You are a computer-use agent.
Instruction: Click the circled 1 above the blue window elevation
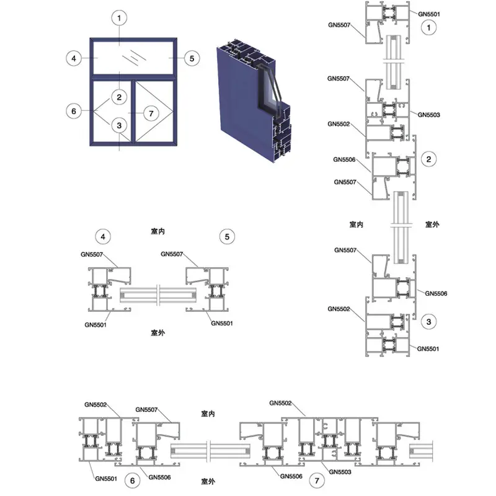pyautogui.click(x=119, y=18)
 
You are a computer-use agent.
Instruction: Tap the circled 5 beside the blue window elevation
pyautogui.click(x=192, y=58)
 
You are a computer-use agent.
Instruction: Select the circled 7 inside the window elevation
pyautogui.click(x=151, y=113)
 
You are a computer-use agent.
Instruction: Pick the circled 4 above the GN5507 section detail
pyautogui.click(x=103, y=237)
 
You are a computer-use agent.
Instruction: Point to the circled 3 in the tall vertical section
pyautogui.click(x=428, y=322)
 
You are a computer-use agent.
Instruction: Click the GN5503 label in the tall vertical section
pyautogui.click(x=428, y=115)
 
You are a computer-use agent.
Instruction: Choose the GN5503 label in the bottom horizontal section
pyautogui.click(x=340, y=472)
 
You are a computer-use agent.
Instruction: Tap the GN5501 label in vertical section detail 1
pyautogui.click(x=429, y=14)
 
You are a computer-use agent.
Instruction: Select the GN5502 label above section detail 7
pyautogui.click(x=280, y=403)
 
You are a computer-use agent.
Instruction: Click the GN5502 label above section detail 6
pyautogui.click(x=95, y=405)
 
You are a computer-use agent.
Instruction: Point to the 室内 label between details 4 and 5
pyautogui.click(x=157, y=231)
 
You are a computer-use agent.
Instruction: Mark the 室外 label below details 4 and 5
pyautogui.click(x=157, y=333)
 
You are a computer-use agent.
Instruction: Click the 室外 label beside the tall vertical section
pyautogui.click(x=432, y=224)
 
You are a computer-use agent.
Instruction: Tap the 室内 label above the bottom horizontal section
pyautogui.click(x=208, y=414)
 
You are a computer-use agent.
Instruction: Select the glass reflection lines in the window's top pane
pyautogui.click(x=135, y=58)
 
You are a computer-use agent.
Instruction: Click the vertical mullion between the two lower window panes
pyautogui.click(x=133, y=112)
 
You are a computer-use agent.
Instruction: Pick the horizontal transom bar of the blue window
pyautogui.click(x=133, y=77)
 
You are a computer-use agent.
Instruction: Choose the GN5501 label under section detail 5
pyautogui.click(x=222, y=323)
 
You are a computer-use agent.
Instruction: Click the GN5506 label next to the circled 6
pyautogui.click(x=159, y=477)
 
